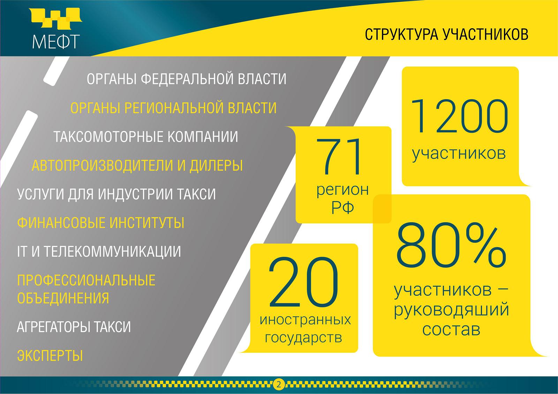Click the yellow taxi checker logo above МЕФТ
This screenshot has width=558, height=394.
55,18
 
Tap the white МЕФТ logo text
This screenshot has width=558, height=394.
56,41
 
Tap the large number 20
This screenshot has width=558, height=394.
304,282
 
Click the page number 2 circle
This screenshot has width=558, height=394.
279,385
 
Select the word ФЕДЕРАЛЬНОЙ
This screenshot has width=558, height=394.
187,79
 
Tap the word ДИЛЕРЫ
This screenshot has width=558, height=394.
216,165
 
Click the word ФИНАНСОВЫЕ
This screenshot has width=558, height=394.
61,223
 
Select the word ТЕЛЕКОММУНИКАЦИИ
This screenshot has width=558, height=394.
112,252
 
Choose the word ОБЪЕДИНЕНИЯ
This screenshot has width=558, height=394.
63,298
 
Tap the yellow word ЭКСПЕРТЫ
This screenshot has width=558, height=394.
50,355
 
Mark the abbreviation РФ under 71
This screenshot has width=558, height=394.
342,208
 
